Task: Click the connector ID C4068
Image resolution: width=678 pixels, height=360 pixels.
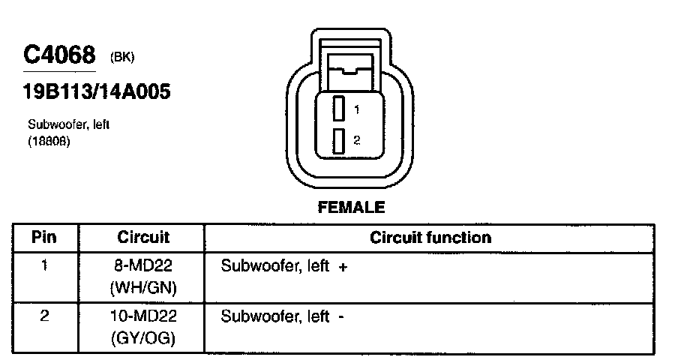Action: click(x=60, y=55)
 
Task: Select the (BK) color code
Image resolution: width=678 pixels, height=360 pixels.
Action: click(x=122, y=57)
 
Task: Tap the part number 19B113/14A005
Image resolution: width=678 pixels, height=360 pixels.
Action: click(x=96, y=92)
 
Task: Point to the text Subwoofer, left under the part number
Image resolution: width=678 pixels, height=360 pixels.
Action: click(x=69, y=124)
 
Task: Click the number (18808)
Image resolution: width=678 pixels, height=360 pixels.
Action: click(x=49, y=140)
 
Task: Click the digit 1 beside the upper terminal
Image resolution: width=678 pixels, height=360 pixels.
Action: click(x=357, y=109)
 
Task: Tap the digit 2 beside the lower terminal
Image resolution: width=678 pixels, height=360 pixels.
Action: click(x=357, y=140)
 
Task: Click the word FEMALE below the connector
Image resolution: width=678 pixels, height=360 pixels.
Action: click(x=351, y=207)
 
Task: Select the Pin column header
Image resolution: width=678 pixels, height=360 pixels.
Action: click(x=44, y=238)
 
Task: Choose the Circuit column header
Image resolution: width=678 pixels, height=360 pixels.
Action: click(x=143, y=238)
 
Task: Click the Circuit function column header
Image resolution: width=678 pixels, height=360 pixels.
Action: click(x=430, y=238)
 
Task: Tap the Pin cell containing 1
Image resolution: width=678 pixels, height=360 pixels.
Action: click(x=44, y=265)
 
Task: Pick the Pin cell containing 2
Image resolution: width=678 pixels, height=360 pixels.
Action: click(x=44, y=316)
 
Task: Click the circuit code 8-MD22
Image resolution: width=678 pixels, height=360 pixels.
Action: click(x=143, y=266)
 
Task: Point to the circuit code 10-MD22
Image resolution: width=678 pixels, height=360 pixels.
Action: click(x=143, y=316)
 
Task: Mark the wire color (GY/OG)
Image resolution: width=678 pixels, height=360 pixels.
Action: click(x=143, y=337)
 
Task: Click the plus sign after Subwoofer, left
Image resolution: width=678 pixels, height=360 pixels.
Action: click(x=343, y=267)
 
